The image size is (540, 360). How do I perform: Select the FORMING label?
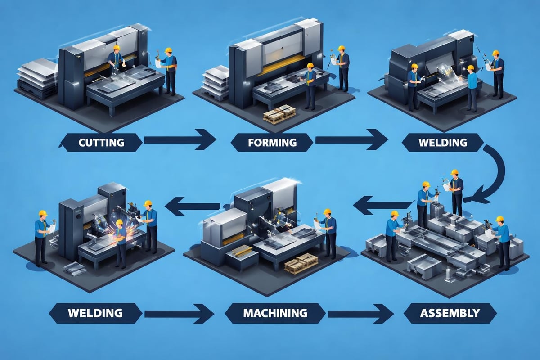click(272, 143)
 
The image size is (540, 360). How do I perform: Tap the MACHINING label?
click(275, 312)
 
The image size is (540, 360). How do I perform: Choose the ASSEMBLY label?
click(450, 312)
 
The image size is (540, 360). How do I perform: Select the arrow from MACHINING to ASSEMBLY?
click(360, 312)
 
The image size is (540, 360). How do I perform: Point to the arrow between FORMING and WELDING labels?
click(351, 140)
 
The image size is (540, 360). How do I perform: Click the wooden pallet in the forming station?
click(279, 115)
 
